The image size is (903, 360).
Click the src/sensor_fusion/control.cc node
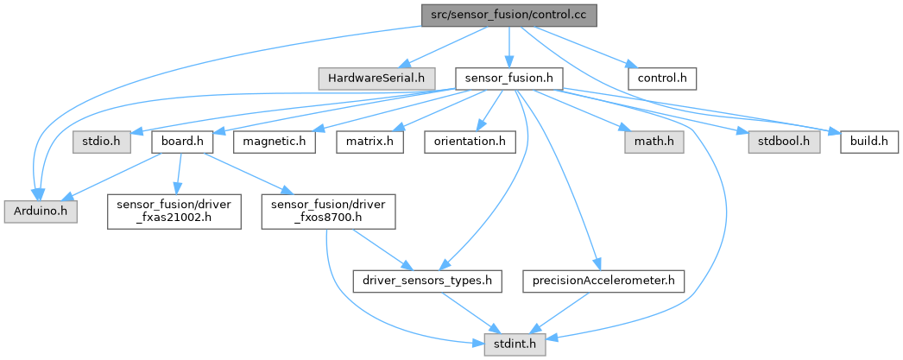coord(509,16)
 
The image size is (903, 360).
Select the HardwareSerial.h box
coord(376,79)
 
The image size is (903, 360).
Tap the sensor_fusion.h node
coord(509,79)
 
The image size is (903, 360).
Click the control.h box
coord(662,79)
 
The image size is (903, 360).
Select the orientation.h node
coord(464,141)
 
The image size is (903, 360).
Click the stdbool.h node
coord(784,141)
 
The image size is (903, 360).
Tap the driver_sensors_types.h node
coord(428,281)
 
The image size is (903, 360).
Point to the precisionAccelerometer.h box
coord(603,281)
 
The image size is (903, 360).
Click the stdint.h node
coord(508,345)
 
